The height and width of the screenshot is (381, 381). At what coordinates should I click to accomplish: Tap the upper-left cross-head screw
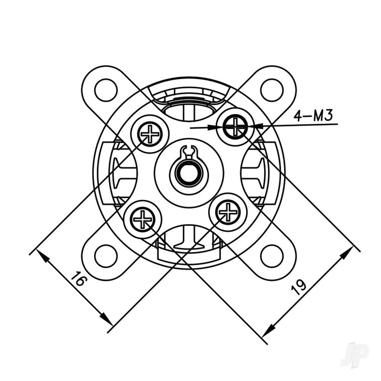(150, 134)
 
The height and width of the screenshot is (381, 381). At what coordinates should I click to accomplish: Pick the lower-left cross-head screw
(142, 219)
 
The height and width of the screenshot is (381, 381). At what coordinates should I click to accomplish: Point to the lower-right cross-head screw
(228, 212)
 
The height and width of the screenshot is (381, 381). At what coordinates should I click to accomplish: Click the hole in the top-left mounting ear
(106, 90)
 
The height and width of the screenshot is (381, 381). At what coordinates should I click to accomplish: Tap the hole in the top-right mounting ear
(272, 90)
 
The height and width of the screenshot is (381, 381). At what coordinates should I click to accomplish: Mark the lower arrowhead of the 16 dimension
(104, 318)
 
